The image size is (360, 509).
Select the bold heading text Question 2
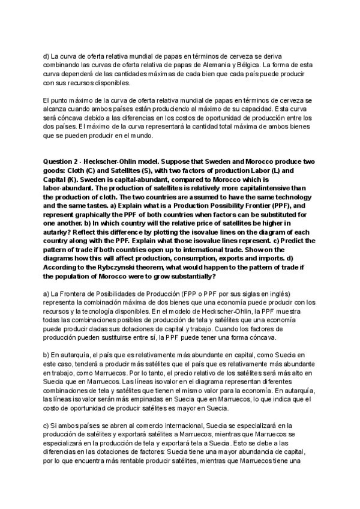pos(62,162)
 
